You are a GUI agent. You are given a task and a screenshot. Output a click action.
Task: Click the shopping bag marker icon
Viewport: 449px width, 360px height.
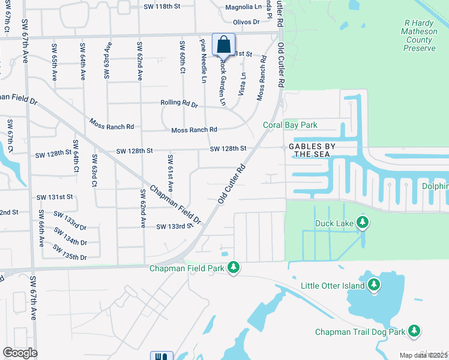223,44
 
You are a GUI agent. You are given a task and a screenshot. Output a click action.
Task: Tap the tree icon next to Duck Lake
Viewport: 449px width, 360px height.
362,223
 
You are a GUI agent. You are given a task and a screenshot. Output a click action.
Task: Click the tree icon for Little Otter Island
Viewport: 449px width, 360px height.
374,285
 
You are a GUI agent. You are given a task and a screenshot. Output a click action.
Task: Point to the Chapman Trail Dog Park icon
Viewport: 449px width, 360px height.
414,331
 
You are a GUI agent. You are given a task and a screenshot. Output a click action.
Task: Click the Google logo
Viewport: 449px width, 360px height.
20,353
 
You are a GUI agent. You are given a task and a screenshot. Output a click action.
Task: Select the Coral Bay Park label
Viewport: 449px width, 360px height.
290,125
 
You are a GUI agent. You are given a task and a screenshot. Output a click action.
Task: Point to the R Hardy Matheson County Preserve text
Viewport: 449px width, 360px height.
418,35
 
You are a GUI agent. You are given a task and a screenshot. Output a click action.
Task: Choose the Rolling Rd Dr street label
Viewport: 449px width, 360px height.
179,103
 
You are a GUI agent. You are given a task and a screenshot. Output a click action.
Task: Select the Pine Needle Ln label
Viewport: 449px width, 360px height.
203,60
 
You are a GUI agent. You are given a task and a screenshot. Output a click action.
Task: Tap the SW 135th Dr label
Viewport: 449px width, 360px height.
70,252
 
